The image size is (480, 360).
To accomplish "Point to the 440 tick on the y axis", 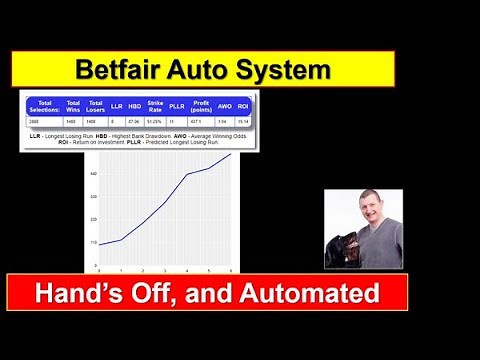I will tap(93, 174).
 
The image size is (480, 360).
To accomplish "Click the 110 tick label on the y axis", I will tap(93, 242).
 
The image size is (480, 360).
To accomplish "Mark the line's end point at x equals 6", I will tap(231, 154).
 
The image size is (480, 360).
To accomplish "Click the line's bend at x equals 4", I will tap(187, 175).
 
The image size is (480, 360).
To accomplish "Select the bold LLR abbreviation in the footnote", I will tap(36, 134).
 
